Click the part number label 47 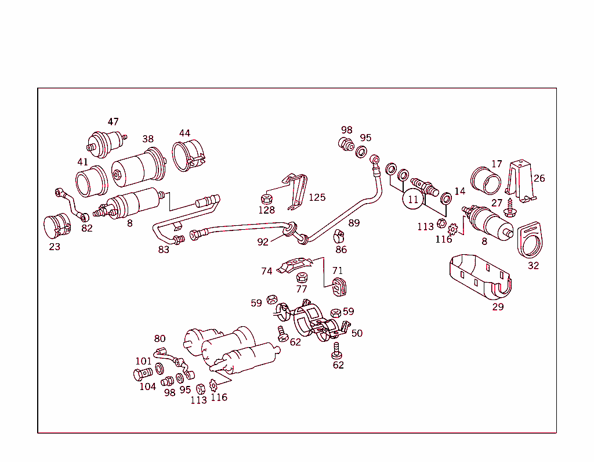[x=113, y=122]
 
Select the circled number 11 [x=412, y=199]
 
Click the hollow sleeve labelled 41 [x=92, y=181]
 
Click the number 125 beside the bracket [x=317, y=197]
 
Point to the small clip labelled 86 [x=340, y=237]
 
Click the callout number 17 [x=497, y=164]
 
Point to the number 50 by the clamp [x=357, y=333]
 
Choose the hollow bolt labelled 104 [x=140, y=374]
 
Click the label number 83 [x=164, y=250]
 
